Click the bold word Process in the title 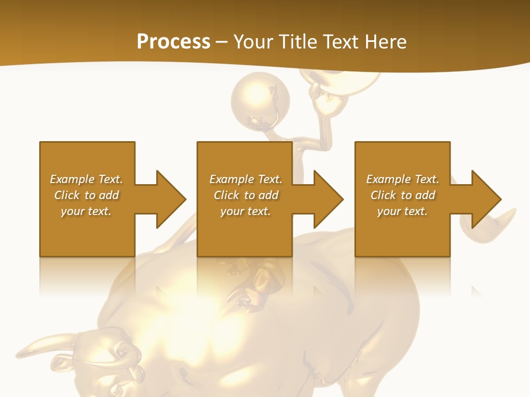(173, 42)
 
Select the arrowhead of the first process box (170, 199)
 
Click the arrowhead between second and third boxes (328, 199)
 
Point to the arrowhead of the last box (486, 199)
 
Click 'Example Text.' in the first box (86, 179)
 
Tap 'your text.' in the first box (86, 211)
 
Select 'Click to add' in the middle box (246, 195)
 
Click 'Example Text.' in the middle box (246, 179)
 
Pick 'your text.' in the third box (402, 211)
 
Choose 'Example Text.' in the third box (402, 179)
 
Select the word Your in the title (252, 42)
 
